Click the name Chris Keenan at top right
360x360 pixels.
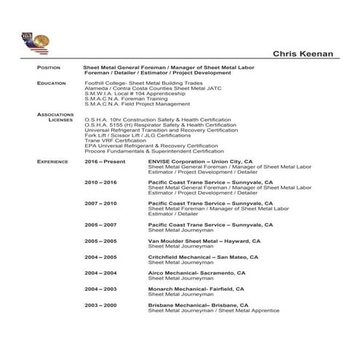(303, 53)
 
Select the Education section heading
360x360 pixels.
(51, 84)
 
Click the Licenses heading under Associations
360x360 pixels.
(60, 120)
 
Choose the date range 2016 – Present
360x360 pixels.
(105, 161)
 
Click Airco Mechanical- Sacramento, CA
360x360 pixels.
(196, 273)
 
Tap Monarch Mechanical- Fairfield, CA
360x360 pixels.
(196, 289)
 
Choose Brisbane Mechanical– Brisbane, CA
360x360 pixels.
(198, 305)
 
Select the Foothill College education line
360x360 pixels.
(143, 84)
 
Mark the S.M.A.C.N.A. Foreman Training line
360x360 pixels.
(127, 99)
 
